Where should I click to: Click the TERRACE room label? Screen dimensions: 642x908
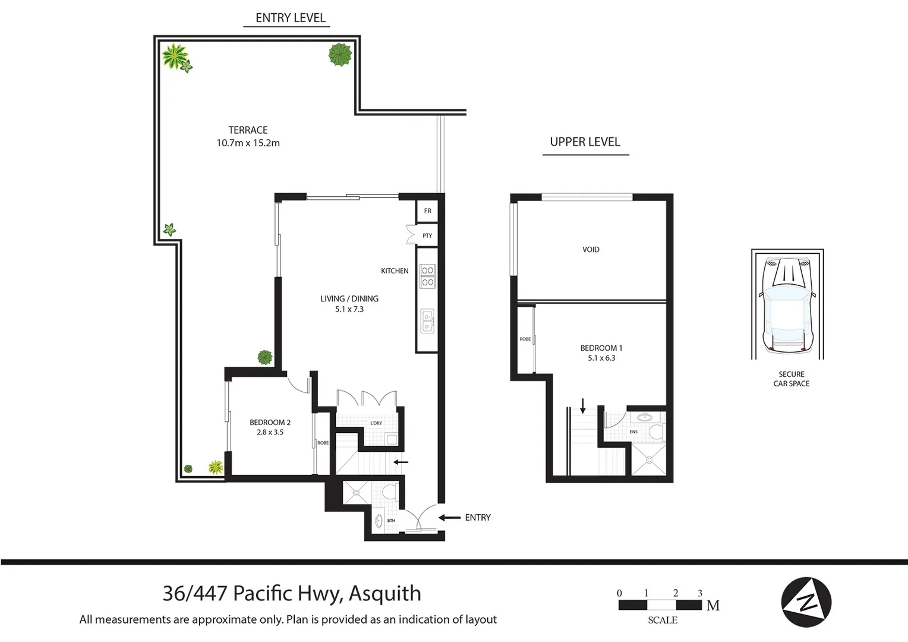click(x=248, y=130)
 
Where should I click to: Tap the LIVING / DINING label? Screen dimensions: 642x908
click(x=349, y=298)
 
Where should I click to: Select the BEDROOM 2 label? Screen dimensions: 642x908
click(x=270, y=423)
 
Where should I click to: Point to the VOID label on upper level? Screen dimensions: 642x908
click(x=591, y=250)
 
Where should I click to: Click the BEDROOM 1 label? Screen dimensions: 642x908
click(x=601, y=348)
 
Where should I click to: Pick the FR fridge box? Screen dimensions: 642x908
click(x=427, y=211)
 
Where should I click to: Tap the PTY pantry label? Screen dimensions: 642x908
click(x=427, y=236)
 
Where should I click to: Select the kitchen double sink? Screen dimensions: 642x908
click(x=427, y=322)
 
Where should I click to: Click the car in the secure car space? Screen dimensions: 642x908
click(x=787, y=305)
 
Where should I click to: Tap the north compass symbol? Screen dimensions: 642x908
click(x=806, y=602)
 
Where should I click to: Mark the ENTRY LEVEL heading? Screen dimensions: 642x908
click(x=290, y=18)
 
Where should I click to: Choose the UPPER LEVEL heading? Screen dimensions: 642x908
click(x=585, y=142)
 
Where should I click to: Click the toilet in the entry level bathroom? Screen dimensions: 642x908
click(x=390, y=492)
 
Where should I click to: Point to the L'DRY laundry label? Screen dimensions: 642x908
click(x=376, y=423)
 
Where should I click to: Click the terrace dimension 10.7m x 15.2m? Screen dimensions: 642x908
click(x=248, y=143)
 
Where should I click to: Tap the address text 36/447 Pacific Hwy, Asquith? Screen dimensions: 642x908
click(x=292, y=593)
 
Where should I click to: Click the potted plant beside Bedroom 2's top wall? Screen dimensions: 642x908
click(x=264, y=357)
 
